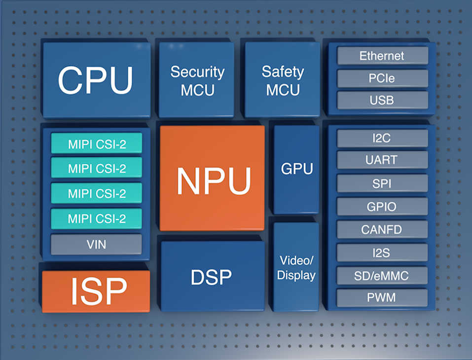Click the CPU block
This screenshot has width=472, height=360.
pyautogui.click(x=96, y=80)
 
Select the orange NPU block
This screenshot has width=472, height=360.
pyautogui.click(x=213, y=178)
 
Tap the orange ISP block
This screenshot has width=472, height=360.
pyautogui.click(x=96, y=291)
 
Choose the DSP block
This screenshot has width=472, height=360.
pyautogui.click(x=212, y=276)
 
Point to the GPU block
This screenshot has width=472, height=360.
pyautogui.click(x=296, y=169)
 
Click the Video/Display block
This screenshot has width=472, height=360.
pyautogui.click(x=296, y=267)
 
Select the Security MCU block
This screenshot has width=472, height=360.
pyautogui.click(x=197, y=80)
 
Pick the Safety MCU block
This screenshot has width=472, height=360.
pyautogui.click(x=283, y=80)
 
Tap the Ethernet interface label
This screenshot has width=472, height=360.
pyautogui.click(x=382, y=56)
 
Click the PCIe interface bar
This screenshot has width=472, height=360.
pyautogui.click(x=382, y=78)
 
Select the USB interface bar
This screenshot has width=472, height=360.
pyautogui.click(x=382, y=101)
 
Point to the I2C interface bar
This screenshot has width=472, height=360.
pyautogui.click(x=382, y=139)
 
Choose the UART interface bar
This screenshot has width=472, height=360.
pyautogui.click(x=382, y=160)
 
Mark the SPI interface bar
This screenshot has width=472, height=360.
pyautogui.click(x=382, y=183)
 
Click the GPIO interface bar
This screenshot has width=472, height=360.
pyautogui.click(x=382, y=206)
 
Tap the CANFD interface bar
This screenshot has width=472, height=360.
pyautogui.click(x=382, y=229)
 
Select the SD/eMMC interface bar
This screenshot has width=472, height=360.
pyautogui.click(x=382, y=275)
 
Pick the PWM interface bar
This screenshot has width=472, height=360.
pyautogui.click(x=382, y=297)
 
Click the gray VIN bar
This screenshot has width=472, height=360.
pyautogui.click(x=96, y=244)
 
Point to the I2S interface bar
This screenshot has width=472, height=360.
pyautogui.click(x=382, y=252)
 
